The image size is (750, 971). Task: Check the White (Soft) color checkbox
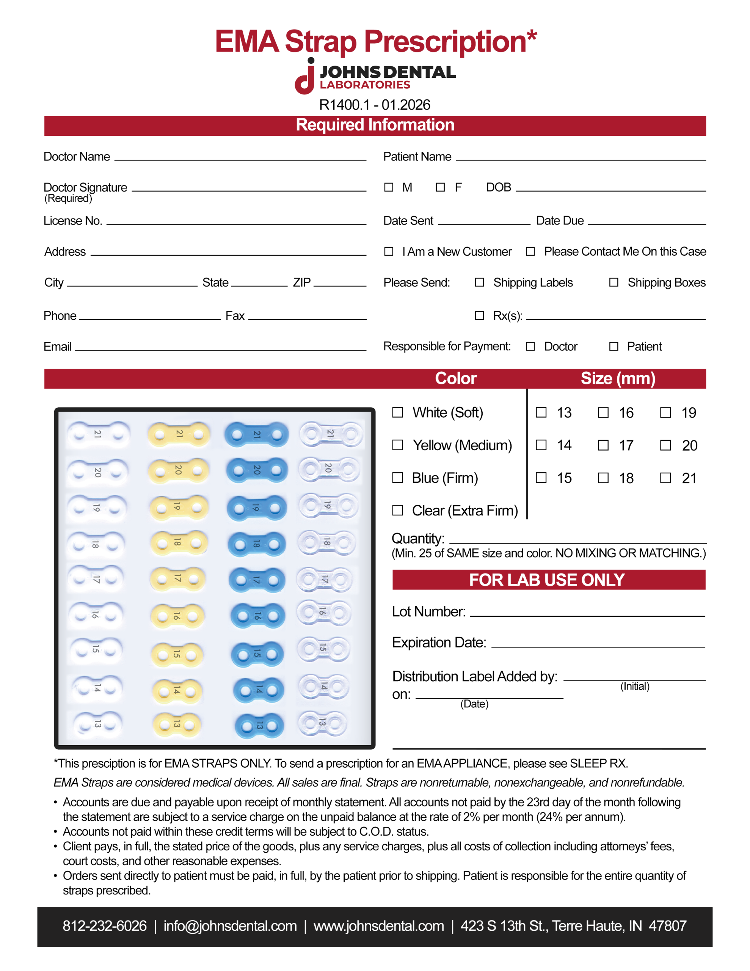pos(397,413)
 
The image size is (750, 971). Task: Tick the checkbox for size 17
pos(603,445)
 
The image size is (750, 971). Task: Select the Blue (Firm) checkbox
pos(397,478)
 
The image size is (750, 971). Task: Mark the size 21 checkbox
pos(665,478)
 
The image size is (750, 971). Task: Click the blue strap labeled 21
pos(257,434)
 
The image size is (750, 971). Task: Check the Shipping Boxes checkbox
pos(613,282)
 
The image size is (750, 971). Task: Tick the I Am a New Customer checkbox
pos(389,251)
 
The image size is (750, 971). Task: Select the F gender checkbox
pos(440,187)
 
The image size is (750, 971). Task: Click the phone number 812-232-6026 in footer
pos(105,925)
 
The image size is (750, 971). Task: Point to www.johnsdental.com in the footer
pos(378,925)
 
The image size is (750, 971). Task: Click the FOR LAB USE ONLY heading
pos(547,580)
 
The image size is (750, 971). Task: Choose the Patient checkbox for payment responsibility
pos(613,346)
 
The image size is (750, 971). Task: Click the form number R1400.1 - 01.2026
pos(374,105)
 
